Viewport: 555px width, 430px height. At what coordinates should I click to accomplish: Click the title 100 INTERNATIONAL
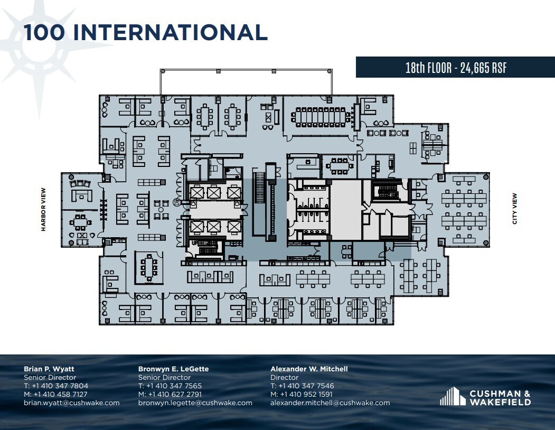tap(145, 33)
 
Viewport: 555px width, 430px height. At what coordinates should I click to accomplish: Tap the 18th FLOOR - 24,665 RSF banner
tap(455, 68)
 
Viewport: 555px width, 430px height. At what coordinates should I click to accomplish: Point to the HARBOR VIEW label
tap(44, 210)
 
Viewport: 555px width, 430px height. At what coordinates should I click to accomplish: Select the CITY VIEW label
tap(515, 209)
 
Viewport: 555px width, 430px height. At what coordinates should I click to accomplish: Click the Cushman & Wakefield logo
tap(485, 397)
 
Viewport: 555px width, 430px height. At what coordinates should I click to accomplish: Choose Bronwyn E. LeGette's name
tap(173, 369)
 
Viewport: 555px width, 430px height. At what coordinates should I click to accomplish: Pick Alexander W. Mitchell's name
tap(309, 369)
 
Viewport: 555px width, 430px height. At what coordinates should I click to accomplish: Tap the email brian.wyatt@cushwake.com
tap(71, 403)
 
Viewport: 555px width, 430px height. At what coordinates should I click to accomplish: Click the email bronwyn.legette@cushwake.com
tap(195, 403)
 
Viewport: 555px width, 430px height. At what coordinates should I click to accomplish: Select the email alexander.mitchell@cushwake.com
tap(330, 403)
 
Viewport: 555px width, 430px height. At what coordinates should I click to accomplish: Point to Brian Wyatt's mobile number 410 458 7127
tap(55, 394)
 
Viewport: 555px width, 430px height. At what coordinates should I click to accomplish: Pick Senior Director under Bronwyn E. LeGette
tap(164, 377)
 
